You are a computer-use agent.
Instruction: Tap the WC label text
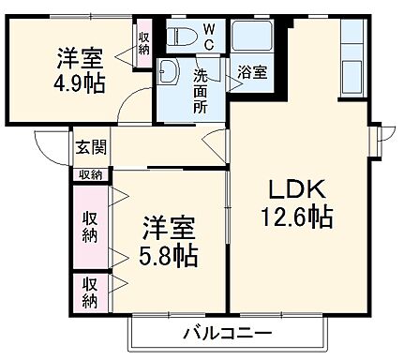pyautogui.click(x=209, y=37)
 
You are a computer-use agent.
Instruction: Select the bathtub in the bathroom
pyautogui.click(x=252, y=40)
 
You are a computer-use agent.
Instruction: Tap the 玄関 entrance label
pyautogui.click(x=90, y=146)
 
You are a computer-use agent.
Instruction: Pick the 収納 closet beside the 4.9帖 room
pyautogui.click(x=143, y=43)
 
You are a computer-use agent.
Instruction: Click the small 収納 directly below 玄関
pyautogui.click(x=90, y=173)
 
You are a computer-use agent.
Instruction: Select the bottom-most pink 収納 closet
pyautogui.click(x=90, y=292)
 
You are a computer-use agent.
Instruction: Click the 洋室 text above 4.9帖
pyautogui.click(x=79, y=56)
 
